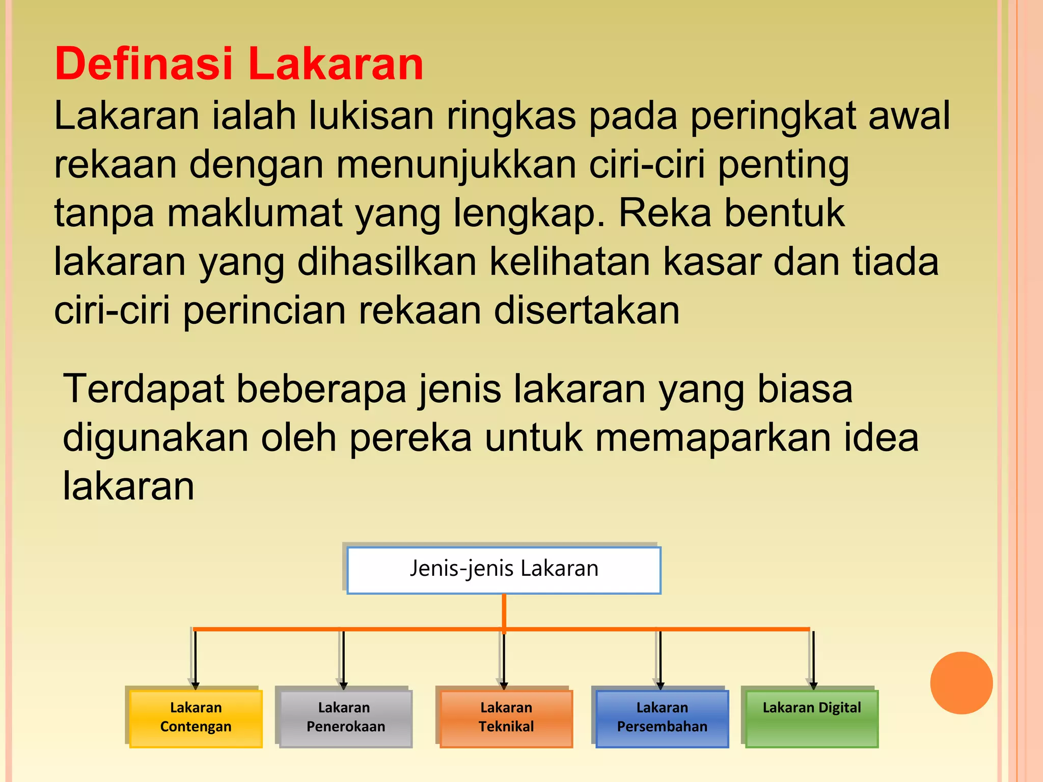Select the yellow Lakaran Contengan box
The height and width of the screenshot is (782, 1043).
(196, 718)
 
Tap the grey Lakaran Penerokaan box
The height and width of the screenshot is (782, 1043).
(346, 718)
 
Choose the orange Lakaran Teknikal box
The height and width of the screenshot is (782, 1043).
(506, 718)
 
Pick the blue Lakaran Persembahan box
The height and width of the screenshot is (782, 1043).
(662, 718)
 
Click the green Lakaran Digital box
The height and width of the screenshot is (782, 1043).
(812, 718)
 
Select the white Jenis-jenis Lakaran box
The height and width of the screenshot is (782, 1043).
(504, 570)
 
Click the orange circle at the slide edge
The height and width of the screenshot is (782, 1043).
(961, 683)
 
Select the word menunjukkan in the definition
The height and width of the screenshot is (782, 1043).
(456, 165)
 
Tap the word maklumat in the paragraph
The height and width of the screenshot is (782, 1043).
(255, 213)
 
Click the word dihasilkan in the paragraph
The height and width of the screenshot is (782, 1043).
(387, 262)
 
